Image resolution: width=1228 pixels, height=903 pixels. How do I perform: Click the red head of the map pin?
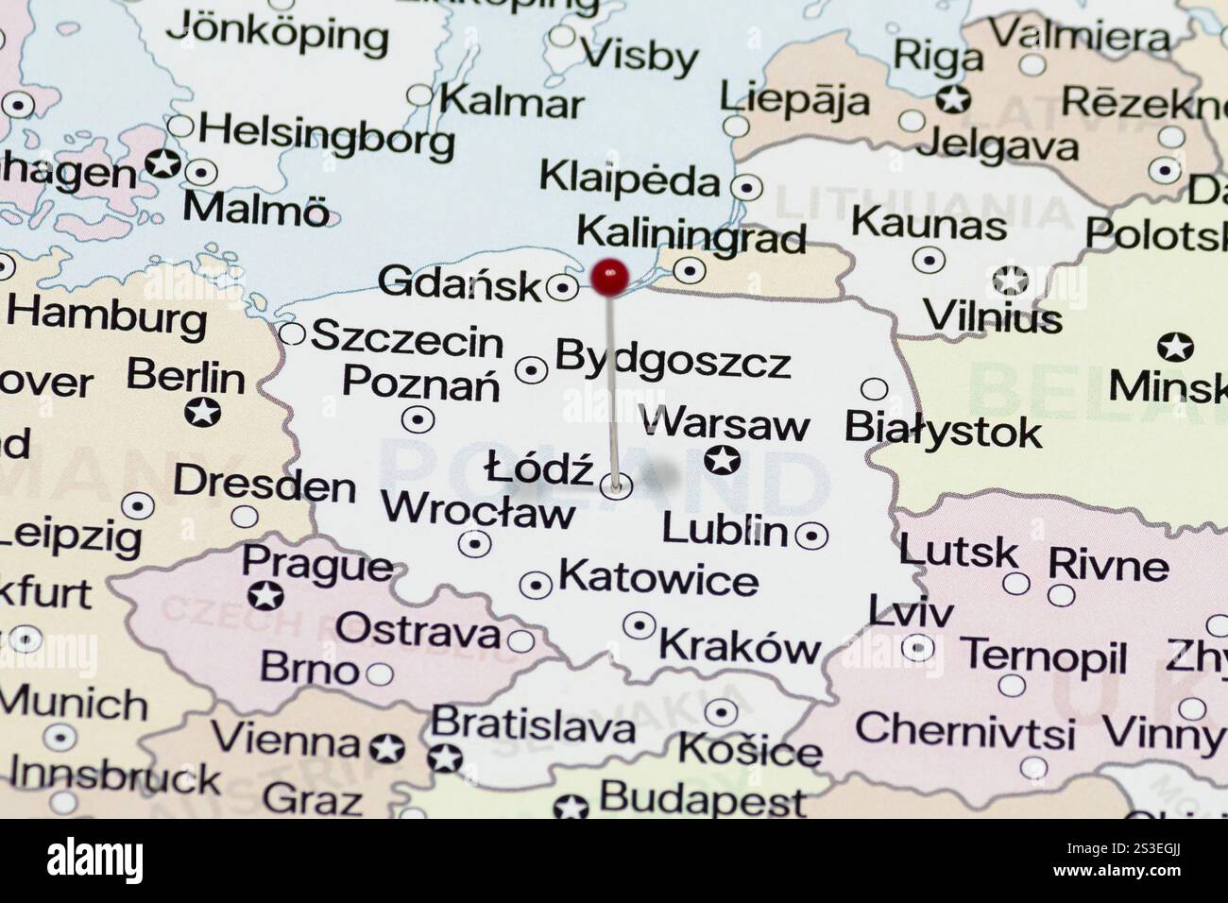pyautogui.click(x=610, y=276)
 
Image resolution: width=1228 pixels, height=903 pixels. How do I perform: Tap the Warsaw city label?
pyautogui.click(x=725, y=424)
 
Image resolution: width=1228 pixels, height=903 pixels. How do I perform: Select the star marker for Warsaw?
pyautogui.click(x=723, y=461)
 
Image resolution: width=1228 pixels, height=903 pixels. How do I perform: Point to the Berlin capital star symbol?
pyautogui.click(x=202, y=412)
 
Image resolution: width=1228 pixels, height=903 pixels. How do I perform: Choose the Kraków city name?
pyautogui.click(x=740, y=646)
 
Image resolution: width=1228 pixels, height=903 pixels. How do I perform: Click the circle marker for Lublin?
pyautogui.click(x=810, y=536)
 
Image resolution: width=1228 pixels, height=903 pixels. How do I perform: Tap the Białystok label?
pyautogui.click(x=943, y=431)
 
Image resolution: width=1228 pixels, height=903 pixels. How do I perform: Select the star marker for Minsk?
pyautogui.click(x=1174, y=347)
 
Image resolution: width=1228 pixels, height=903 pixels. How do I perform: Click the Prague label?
pyautogui.click(x=316, y=565)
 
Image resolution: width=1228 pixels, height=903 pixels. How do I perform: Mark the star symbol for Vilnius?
pyautogui.click(x=1011, y=280)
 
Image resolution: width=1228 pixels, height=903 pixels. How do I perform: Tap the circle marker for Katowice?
pyautogui.click(x=536, y=585)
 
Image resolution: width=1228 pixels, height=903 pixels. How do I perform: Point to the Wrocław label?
pyautogui.click(x=477, y=511)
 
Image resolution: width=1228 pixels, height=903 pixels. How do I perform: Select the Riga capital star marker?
pyautogui.click(x=953, y=97)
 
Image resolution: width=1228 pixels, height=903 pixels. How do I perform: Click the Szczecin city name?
pyautogui.click(x=407, y=337)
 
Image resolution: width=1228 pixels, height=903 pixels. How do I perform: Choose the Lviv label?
pyautogui.click(x=911, y=612)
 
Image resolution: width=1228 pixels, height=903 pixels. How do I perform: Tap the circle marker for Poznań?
pyautogui.click(x=418, y=418)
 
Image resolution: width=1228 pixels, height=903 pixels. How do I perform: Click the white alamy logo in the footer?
pyautogui.click(x=95, y=860)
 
